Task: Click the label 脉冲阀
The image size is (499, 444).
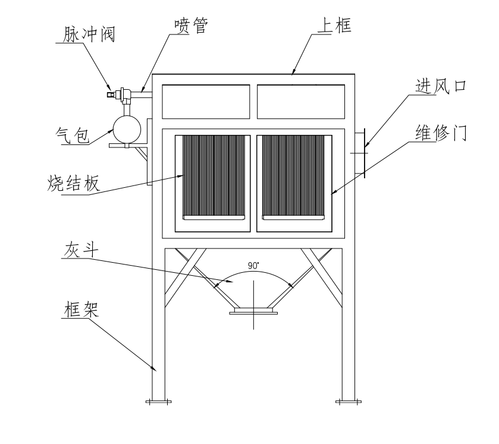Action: (89, 34)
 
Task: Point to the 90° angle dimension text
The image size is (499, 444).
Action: (254, 267)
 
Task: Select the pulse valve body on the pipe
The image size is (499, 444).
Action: (124, 93)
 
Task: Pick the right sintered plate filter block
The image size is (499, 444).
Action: (294, 176)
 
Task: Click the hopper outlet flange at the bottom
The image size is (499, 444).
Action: (254, 310)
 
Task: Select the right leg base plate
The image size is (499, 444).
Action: (348, 402)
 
